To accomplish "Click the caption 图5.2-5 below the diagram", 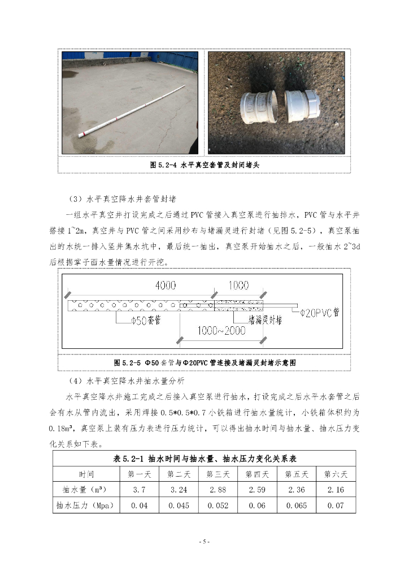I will pyautogui.click(x=204, y=362).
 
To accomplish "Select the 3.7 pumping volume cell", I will pyautogui.click(x=139, y=490).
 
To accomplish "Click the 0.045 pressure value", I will pyautogui.click(x=179, y=505).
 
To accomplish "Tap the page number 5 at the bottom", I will pyautogui.click(x=204, y=542).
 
